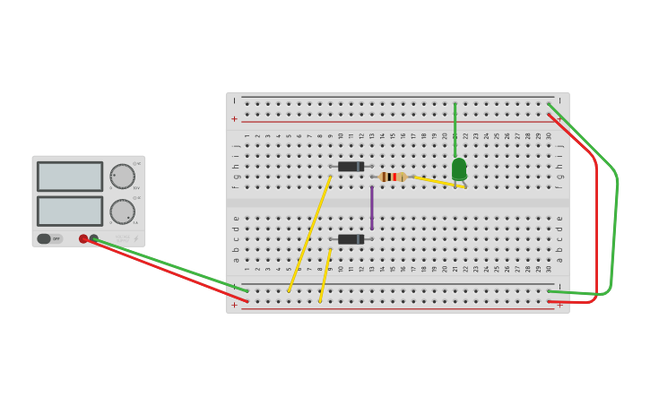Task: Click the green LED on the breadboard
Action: (x=459, y=168)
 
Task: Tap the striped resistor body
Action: (x=393, y=177)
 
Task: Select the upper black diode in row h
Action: (x=351, y=167)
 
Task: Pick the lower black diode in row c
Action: (x=351, y=239)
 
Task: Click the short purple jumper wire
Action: (x=372, y=207)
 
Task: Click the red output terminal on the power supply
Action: (x=83, y=238)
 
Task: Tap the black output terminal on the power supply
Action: (x=94, y=238)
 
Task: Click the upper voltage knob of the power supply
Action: (x=122, y=176)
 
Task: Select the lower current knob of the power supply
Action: (x=122, y=212)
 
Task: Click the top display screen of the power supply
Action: (x=70, y=176)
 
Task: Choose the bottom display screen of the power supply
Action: (x=70, y=211)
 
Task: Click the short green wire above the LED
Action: (x=455, y=130)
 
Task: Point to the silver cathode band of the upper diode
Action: (x=360, y=167)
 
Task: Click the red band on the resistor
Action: (x=394, y=177)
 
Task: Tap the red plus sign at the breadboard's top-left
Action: (x=235, y=119)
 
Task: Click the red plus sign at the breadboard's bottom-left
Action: (x=235, y=306)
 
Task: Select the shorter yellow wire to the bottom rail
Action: (x=325, y=276)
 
